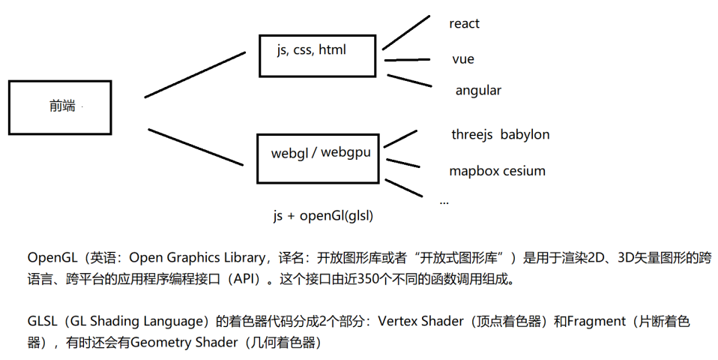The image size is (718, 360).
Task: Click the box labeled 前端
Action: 60,107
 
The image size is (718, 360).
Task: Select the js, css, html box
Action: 317,55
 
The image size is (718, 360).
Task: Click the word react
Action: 464,24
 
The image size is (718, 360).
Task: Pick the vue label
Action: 463,59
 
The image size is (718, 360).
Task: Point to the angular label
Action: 478,91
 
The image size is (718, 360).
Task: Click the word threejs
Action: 471,135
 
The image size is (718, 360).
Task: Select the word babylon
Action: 525,135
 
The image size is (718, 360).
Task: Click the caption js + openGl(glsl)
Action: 323,216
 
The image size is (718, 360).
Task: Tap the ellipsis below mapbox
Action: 444,202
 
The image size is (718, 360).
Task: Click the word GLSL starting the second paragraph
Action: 43,322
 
